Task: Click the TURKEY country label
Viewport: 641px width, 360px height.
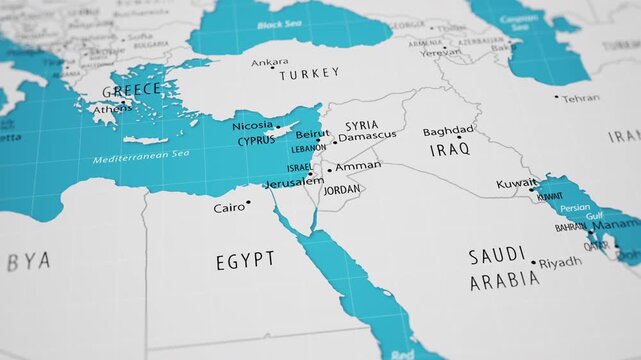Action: coord(309,74)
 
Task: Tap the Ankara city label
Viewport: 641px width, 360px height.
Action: coord(269,62)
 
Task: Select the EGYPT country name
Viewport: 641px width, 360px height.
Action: coord(245,261)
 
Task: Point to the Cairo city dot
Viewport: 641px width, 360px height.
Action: coord(249,203)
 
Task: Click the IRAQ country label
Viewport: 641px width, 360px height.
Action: coord(449,150)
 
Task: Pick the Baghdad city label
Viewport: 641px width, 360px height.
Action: coord(447,131)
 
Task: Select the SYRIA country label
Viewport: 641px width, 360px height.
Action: coord(361,126)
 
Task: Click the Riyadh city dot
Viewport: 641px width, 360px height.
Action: coord(533,264)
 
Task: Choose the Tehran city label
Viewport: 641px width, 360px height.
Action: coord(580,98)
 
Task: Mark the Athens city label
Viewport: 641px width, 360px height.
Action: coord(112,109)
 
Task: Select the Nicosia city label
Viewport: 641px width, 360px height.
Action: coord(252,126)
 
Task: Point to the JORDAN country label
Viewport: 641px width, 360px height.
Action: coord(342,189)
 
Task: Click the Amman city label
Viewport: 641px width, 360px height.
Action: coord(358,166)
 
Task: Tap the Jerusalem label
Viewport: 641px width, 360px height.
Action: coord(294,182)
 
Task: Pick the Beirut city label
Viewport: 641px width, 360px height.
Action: coord(312,133)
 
